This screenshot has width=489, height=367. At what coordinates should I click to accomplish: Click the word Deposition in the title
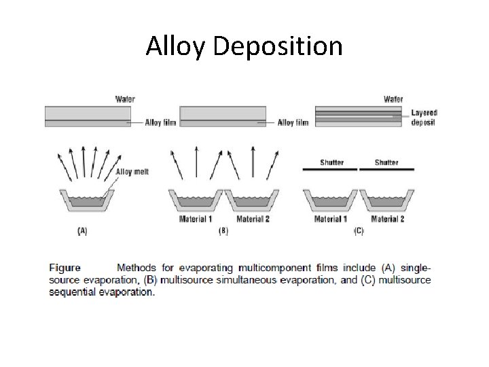(278, 48)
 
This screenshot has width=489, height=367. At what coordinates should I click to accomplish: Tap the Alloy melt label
(132, 172)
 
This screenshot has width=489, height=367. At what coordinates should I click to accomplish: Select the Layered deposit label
(424, 118)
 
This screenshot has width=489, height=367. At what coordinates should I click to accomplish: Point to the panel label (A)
(82, 231)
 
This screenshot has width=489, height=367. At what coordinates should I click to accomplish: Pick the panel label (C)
(359, 231)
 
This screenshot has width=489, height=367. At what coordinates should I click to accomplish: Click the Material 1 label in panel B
(196, 220)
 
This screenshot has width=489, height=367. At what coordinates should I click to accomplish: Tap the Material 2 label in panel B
(253, 220)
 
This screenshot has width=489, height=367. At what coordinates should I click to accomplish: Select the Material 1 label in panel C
(331, 220)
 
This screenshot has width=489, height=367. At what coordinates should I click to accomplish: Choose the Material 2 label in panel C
(388, 220)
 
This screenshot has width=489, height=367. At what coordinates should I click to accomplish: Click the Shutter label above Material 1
(331, 162)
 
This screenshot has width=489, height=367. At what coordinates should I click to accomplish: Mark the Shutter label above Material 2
(386, 162)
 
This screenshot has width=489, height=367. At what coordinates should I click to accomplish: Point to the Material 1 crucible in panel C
(330, 201)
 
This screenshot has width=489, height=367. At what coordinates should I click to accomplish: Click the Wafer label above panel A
(124, 99)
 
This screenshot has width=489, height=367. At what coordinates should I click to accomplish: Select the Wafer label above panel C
(393, 99)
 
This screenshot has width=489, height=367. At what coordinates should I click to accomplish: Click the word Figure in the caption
(65, 268)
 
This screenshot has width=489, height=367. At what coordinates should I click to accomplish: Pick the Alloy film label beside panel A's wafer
(160, 123)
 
